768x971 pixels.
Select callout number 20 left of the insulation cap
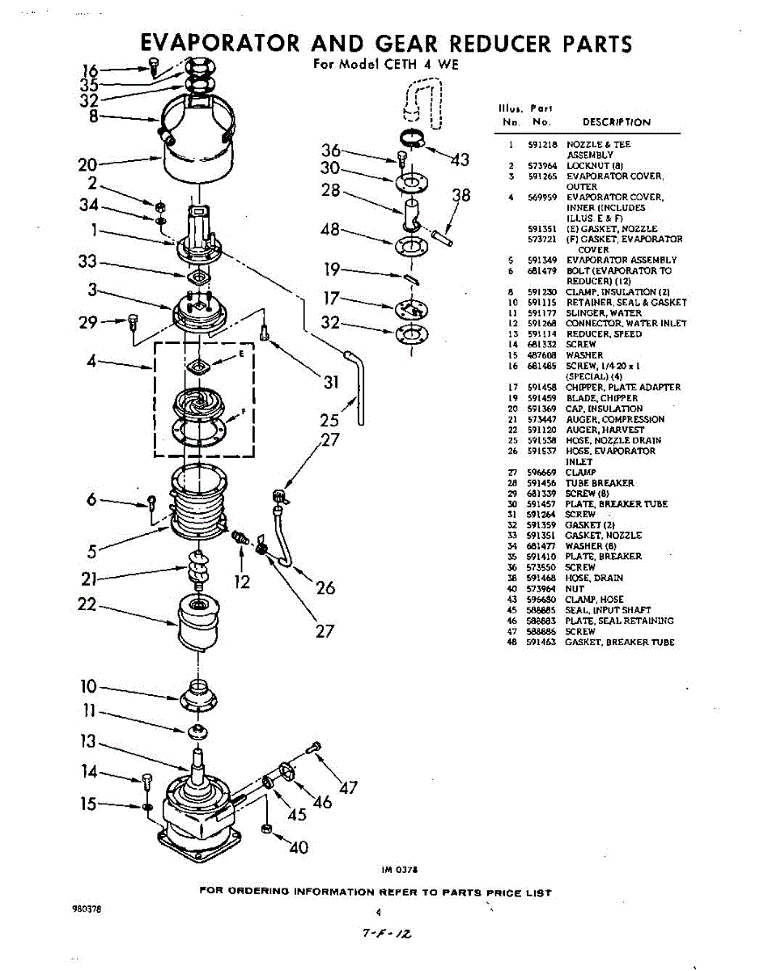[x=87, y=165]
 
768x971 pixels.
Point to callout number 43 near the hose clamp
[x=460, y=160]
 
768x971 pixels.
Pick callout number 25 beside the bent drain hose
[x=329, y=420]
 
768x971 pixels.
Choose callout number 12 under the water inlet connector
[x=242, y=581]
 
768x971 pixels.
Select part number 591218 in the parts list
[x=539, y=144]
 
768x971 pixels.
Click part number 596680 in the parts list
[x=539, y=600]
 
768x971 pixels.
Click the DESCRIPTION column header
[x=616, y=122]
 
